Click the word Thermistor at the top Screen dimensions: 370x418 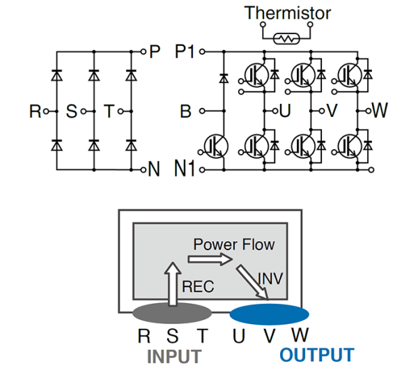click(288, 13)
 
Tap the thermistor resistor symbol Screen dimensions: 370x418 click(286, 39)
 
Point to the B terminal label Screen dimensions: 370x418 click(185, 111)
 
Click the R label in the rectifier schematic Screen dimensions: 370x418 click(34, 111)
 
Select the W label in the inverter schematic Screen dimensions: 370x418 click(380, 110)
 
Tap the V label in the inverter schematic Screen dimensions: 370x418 click(332, 111)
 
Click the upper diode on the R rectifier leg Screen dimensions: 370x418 click(56, 74)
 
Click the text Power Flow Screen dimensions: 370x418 click(234, 245)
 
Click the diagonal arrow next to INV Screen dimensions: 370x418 click(252, 282)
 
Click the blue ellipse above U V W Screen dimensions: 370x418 click(270, 313)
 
